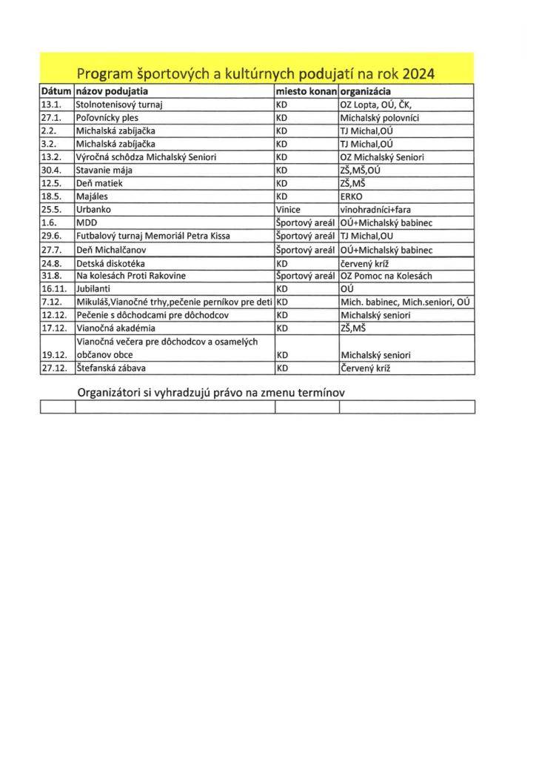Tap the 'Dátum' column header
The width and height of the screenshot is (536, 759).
pos(56,91)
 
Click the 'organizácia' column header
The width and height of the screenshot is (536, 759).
pos(366,91)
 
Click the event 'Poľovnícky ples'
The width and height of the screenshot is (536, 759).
pos(107,117)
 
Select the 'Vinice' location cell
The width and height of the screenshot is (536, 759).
pos(288,210)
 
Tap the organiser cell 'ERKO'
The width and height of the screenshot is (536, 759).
pos(352,196)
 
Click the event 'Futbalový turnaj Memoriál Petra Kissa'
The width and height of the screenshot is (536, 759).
pos(153,236)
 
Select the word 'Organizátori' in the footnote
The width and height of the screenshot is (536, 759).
pos(113,392)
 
